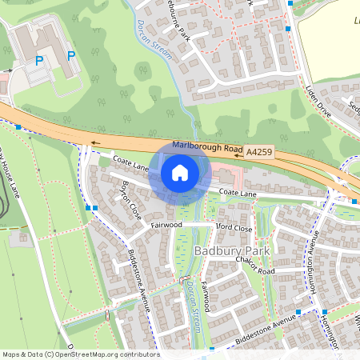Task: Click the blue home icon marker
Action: point(180,172)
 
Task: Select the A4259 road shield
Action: point(259,150)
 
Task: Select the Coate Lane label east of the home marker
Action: point(238,193)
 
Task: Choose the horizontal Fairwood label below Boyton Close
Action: point(166,226)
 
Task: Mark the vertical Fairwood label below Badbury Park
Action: point(206,295)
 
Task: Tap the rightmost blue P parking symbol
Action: point(71,55)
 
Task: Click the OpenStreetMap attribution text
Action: point(80,354)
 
